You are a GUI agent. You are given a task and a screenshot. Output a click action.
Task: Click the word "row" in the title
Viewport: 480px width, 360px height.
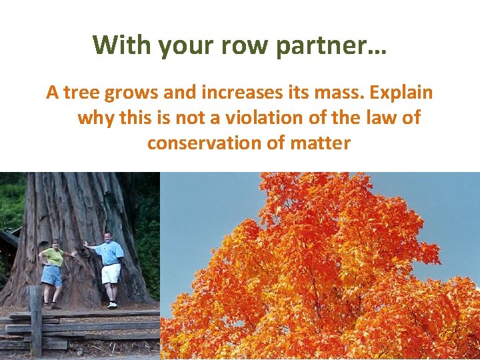click(x=239, y=45)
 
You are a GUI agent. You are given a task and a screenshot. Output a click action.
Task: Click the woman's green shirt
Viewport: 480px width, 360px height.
click(x=54, y=257)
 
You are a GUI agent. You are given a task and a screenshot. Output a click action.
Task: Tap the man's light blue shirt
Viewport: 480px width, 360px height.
click(x=109, y=253)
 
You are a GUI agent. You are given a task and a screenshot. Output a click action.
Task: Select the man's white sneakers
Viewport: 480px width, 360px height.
click(x=112, y=305)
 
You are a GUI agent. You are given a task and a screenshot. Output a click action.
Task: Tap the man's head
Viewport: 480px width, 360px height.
click(x=108, y=237)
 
